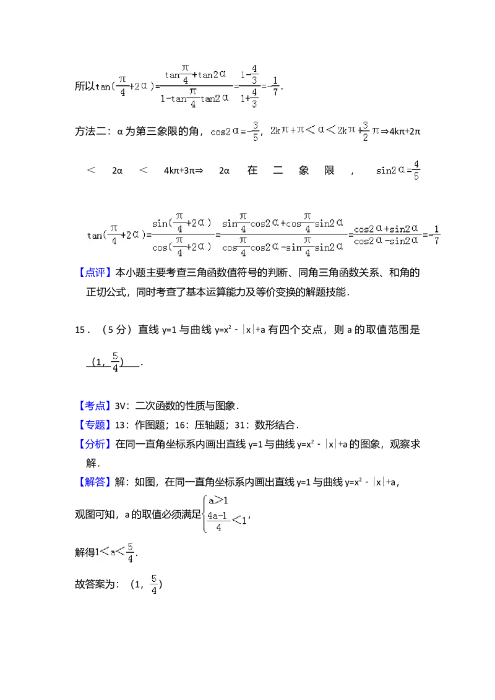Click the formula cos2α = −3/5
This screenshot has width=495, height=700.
235,131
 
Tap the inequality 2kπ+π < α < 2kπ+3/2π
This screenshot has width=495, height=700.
324,131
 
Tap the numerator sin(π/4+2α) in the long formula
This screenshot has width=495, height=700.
183,223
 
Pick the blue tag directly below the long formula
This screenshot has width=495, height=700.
96,273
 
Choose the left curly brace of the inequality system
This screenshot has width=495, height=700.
202,513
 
